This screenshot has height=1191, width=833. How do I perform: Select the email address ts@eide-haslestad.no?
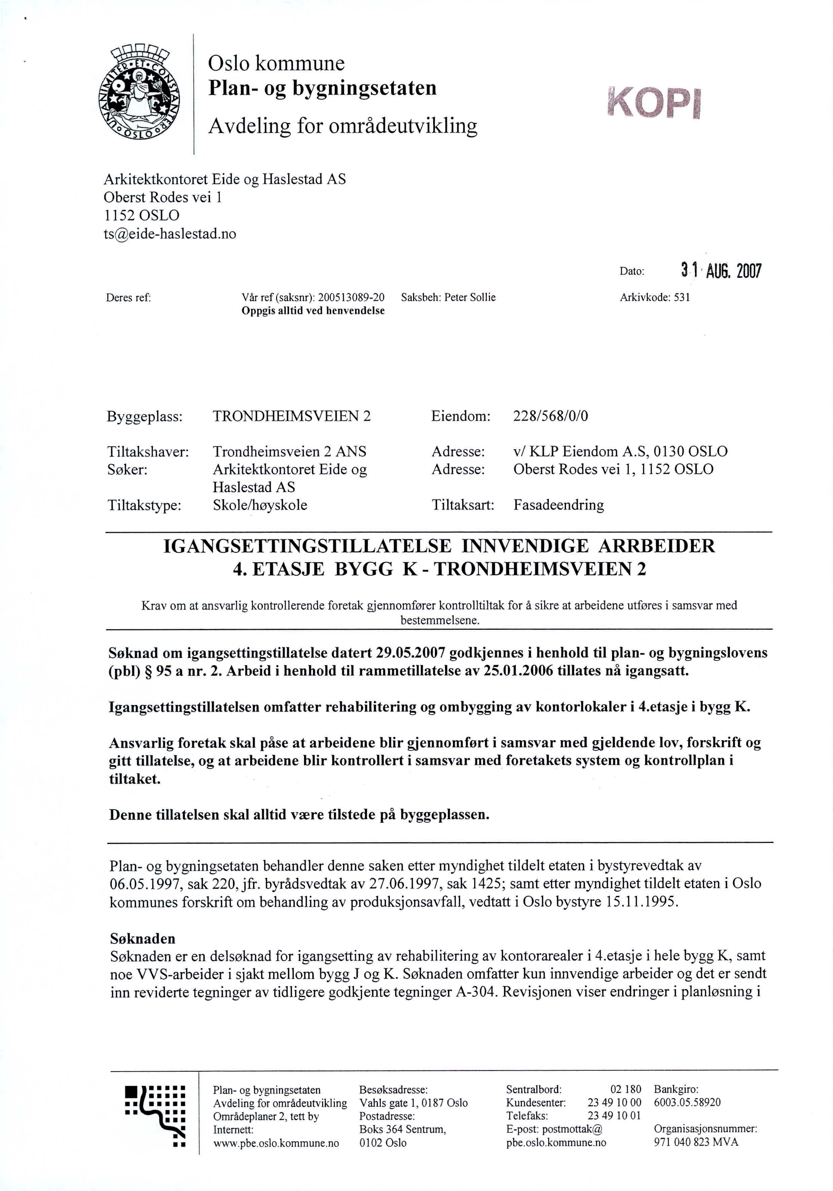point(170,234)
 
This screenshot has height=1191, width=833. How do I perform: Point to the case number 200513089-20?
point(351,297)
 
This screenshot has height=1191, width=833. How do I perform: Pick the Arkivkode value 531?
point(682,297)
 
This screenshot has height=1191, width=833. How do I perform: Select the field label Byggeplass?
point(145,416)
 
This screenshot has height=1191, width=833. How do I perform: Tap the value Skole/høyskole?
point(260,505)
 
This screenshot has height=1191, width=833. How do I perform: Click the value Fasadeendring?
point(558,505)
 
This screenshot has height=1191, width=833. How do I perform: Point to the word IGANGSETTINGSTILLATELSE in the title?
point(308,546)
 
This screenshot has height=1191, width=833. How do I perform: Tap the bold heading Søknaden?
point(143,938)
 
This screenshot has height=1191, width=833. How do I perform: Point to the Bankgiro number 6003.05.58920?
point(687,1102)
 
